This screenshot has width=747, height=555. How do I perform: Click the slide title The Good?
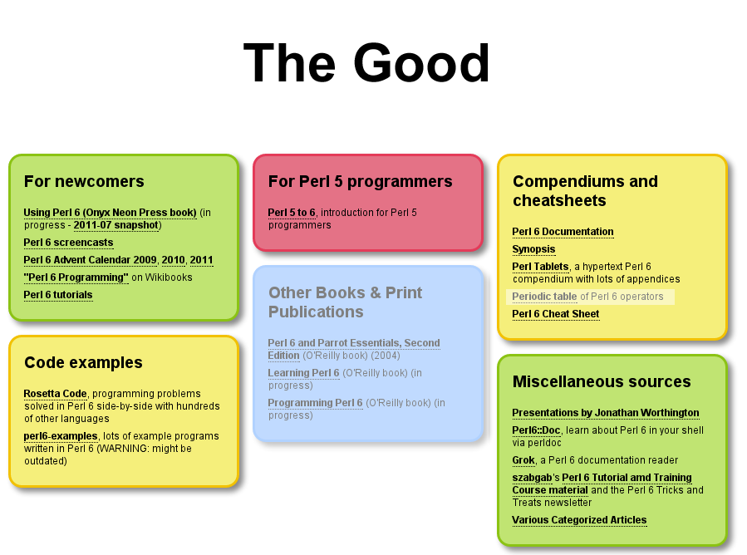coord(366,63)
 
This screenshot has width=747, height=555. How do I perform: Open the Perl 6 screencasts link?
coord(69,243)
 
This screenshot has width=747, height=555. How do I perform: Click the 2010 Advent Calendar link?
coord(173,260)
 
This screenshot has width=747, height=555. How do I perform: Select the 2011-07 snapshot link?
coord(115,225)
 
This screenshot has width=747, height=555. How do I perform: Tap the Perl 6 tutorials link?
coord(58,295)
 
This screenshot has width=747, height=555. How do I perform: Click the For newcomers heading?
coord(84,181)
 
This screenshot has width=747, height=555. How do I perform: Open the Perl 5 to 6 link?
coord(292,213)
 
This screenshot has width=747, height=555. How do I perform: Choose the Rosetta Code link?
coord(56,394)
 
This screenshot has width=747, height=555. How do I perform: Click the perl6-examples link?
coord(61,436)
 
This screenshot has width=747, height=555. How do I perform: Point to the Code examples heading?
coord(83,362)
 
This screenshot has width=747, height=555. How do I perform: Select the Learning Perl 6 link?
coord(303,372)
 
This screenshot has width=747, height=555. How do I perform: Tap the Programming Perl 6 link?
coord(316,403)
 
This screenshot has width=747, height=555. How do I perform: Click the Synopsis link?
coord(533,249)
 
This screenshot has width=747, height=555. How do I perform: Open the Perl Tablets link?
coord(540,267)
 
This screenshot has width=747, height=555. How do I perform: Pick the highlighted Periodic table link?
coord(544,297)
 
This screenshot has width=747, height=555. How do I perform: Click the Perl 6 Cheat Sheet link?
coord(556,314)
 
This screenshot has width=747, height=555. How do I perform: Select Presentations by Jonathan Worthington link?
coord(606,413)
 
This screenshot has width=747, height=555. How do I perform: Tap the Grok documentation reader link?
coord(523,460)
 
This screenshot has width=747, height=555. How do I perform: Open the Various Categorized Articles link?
coord(579,520)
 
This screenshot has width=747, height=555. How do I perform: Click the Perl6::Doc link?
coord(536,430)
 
